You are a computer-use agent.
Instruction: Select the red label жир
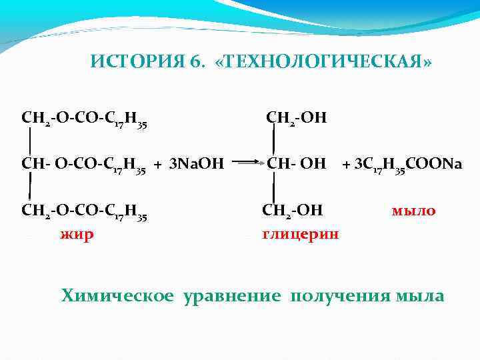pyautogui.click(x=77, y=234)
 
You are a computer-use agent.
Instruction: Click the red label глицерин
pyautogui.click(x=300, y=234)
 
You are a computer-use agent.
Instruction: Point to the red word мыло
pyautogui.click(x=413, y=211)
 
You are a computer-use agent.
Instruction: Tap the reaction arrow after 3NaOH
pyautogui.click(x=249, y=162)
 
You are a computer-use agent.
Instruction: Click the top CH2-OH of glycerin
pyautogui.click(x=296, y=119)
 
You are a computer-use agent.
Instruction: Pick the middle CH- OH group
pyautogui.click(x=296, y=163)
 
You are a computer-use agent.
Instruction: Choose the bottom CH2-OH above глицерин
pyautogui.click(x=293, y=211)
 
